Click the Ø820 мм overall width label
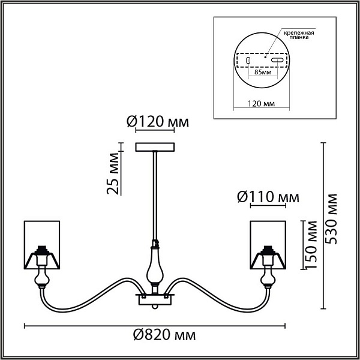pyautogui.click(x=164, y=335)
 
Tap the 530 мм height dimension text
pyautogui.click(x=332, y=219)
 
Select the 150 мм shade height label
pyautogui.click(x=311, y=245)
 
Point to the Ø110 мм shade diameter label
pyautogui.click(x=268, y=197)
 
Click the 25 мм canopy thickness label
pyautogui.click(x=113, y=173)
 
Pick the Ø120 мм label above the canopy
pyautogui.click(x=157, y=122)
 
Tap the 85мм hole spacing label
pyautogui.click(x=263, y=72)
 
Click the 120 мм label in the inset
pyautogui.click(x=261, y=104)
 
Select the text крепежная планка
pyautogui.click(x=299, y=35)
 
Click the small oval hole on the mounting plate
pyautogui.click(x=248, y=61)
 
